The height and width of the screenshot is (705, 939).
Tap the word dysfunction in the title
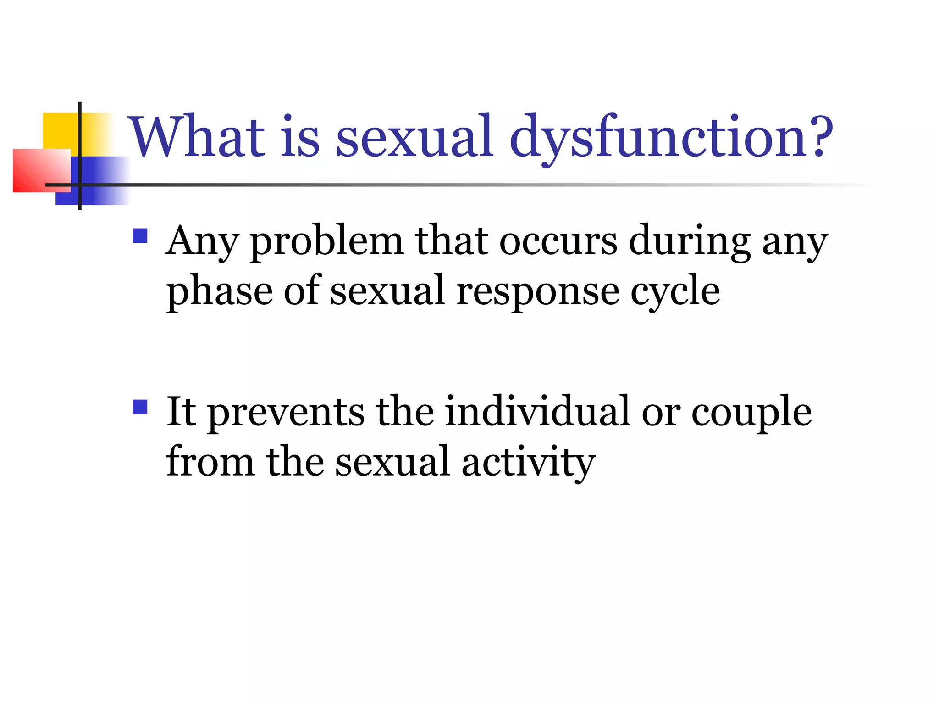point(656,137)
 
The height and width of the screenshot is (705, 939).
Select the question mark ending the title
point(818,137)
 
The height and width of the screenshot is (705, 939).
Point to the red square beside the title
point(41,171)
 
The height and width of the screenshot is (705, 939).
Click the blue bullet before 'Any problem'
point(140,236)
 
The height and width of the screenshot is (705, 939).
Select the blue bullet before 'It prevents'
point(140,407)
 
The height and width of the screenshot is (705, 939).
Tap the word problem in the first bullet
point(326,241)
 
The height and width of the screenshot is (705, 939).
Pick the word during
point(689,241)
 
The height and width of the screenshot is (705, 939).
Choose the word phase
point(220,292)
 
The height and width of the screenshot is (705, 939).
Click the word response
point(537,292)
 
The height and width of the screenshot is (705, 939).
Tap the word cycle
point(675,292)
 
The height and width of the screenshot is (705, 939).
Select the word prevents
point(286,412)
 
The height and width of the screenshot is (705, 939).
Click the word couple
point(751,412)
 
